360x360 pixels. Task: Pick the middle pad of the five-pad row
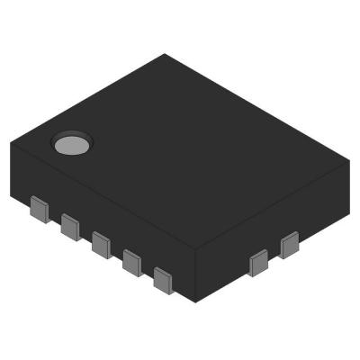click(101, 245)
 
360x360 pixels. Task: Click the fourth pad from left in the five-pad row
click(132, 263)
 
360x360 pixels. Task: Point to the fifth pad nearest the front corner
click(163, 280)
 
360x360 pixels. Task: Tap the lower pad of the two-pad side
click(258, 263)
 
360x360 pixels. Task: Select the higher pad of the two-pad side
click(290, 244)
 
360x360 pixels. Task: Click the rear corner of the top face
click(165, 54)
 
